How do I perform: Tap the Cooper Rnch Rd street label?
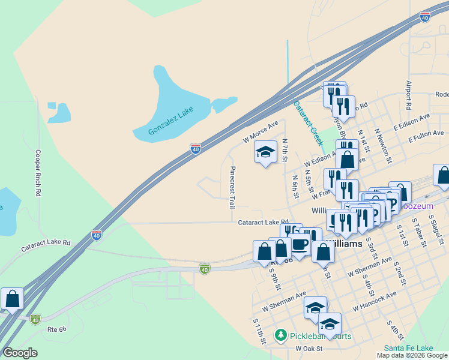38,173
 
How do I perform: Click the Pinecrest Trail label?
232,187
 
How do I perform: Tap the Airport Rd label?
409,94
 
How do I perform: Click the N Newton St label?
383,145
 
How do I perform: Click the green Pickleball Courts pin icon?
280,335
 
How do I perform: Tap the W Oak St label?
309,348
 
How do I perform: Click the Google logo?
20,352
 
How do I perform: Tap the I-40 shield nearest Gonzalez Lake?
196,148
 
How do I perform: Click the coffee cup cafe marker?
300,245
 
